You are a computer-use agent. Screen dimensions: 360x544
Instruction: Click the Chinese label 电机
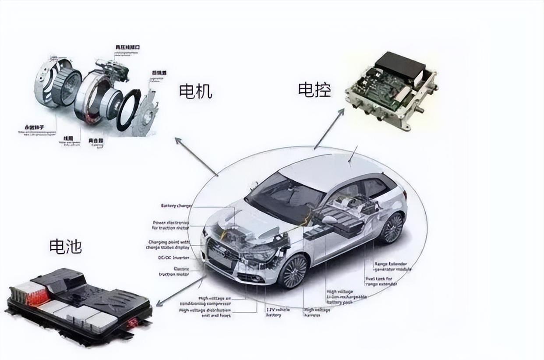195,92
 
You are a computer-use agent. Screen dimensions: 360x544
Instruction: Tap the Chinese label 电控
314,89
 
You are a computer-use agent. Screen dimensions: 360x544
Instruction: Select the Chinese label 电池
65,246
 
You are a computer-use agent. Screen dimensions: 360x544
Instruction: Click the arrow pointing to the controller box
329,129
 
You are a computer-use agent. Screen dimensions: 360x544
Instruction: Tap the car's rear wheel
391,228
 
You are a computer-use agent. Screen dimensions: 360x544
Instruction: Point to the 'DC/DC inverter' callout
174,258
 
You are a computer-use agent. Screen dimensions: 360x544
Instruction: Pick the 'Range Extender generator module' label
392,267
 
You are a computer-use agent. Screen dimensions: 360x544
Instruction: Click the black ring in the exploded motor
128,109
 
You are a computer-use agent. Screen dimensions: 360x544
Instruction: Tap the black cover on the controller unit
399,66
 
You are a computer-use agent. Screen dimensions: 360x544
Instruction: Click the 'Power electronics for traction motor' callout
170,225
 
